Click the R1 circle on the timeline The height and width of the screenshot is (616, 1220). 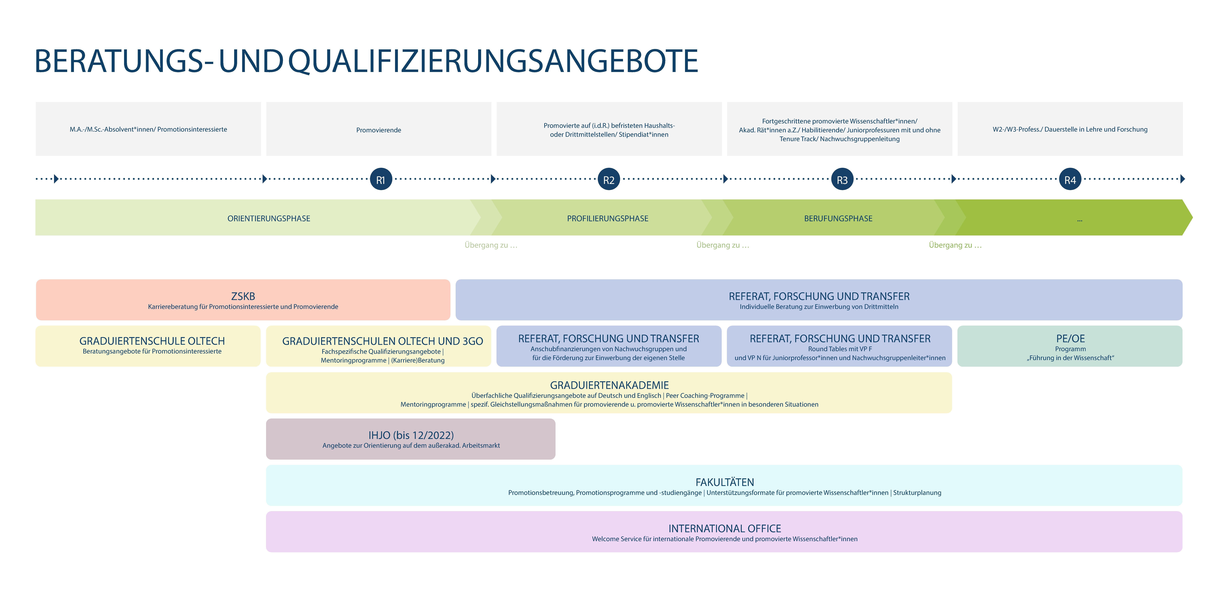pyautogui.click(x=381, y=179)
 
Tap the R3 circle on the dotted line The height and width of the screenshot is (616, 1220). pyautogui.click(x=842, y=179)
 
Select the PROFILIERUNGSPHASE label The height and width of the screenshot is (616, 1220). pyautogui.click(x=608, y=218)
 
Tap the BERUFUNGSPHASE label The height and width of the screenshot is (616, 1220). pyautogui.click(x=838, y=218)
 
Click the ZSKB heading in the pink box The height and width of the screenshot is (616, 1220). pyautogui.click(x=243, y=296)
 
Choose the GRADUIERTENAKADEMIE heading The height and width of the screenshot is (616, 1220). pyautogui.click(x=610, y=385)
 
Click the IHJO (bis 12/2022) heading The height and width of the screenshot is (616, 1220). pyautogui.click(x=411, y=435)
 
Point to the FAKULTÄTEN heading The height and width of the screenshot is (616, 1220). pyautogui.click(x=725, y=482)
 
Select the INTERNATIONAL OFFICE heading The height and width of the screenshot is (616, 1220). pyautogui.click(x=725, y=528)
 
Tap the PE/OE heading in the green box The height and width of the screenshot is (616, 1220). pyautogui.click(x=1070, y=338)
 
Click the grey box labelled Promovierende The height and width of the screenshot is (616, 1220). pyautogui.click(x=379, y=129)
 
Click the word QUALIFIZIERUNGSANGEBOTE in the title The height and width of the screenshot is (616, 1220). pyautogui.click(x=493, y=61)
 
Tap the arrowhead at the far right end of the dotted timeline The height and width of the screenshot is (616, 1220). pyautogui.click(x=1183, y=179)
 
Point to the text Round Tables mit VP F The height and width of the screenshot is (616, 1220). pyautogui.click(x=840, y=349)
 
